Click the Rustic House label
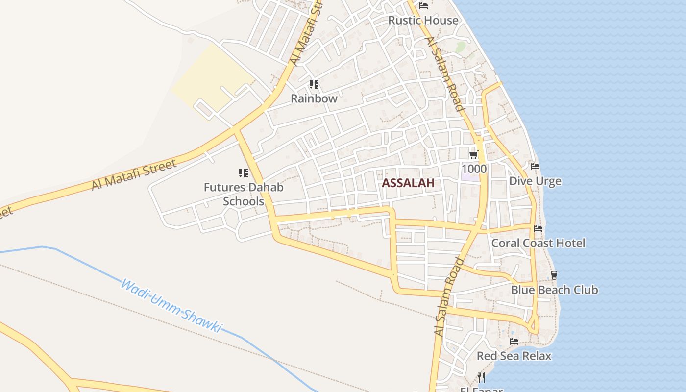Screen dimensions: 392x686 423,21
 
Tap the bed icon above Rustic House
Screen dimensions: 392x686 423,6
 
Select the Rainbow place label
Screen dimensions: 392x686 314,98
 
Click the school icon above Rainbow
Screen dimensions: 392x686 314,84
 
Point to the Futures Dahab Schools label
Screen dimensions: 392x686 244,194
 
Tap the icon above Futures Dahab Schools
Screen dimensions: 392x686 244,173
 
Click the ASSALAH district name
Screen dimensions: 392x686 408,183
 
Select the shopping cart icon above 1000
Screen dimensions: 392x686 473,155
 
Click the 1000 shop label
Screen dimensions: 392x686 474,169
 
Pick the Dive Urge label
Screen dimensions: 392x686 535,181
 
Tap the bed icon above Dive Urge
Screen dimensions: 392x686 535,167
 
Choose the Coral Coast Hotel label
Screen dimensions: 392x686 538,243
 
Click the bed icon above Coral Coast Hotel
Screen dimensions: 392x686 538,229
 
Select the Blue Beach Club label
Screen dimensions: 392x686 554,290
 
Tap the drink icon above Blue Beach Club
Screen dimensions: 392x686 554,275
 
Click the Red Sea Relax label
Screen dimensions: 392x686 514,356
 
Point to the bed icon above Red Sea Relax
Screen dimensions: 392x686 514,342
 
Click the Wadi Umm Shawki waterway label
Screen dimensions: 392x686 171,306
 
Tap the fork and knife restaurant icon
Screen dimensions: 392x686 481,378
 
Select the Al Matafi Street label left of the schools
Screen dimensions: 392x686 133,175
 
